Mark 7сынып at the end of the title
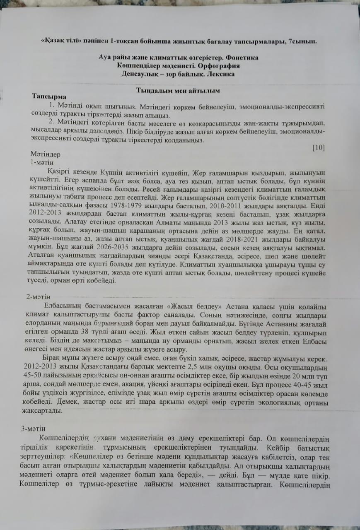pyautogui.click(x=302, y=41)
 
